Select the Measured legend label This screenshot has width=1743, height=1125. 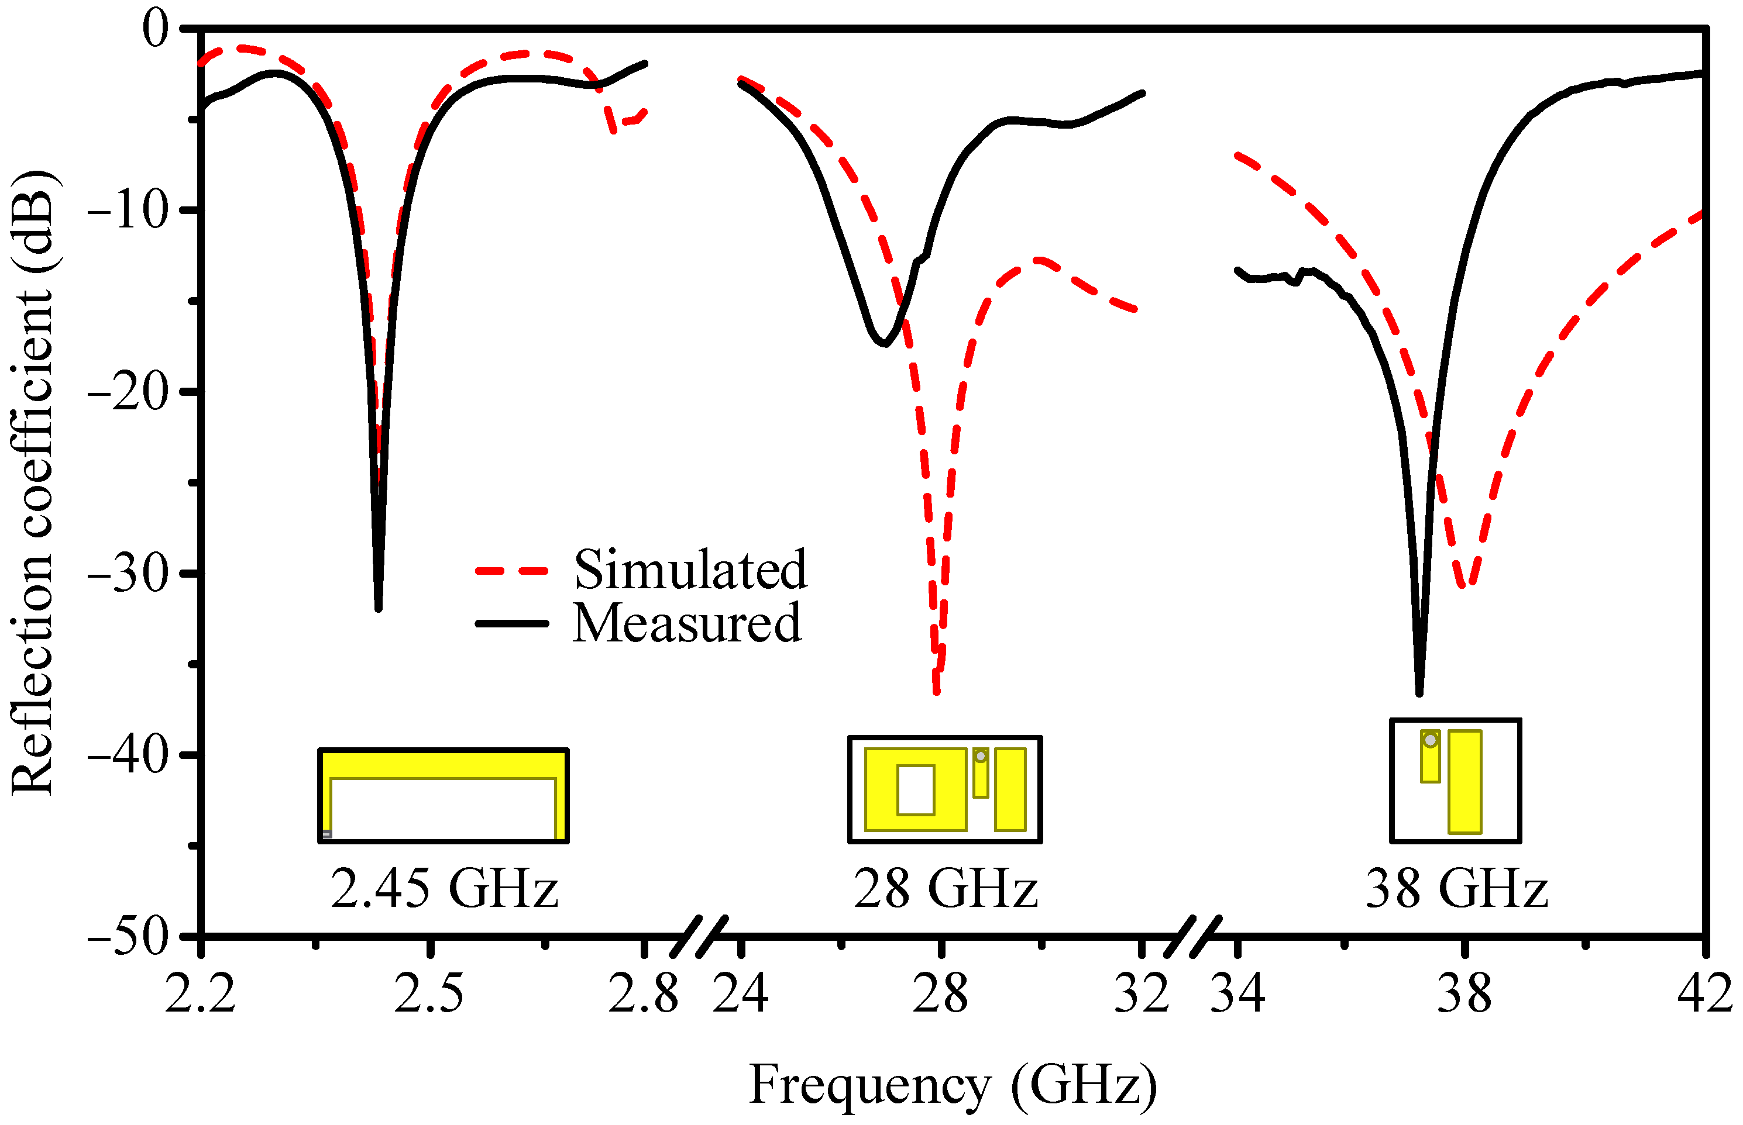[x=687, y=624]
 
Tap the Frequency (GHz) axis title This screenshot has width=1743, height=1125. [x=953, y=1085]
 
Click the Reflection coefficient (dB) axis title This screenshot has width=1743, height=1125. [x=33, y=482]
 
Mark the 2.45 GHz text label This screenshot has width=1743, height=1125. [x=444, y=889]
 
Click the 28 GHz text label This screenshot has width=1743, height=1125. [x=946, y=889]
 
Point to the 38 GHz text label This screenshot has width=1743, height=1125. [x=1456, y=889]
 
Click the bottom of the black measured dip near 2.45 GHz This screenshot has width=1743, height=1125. [x=378, y=607]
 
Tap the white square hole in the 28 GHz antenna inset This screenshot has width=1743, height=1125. [x=916, y=790]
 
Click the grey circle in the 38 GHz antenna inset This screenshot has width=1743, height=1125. [x=1430, y=741]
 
